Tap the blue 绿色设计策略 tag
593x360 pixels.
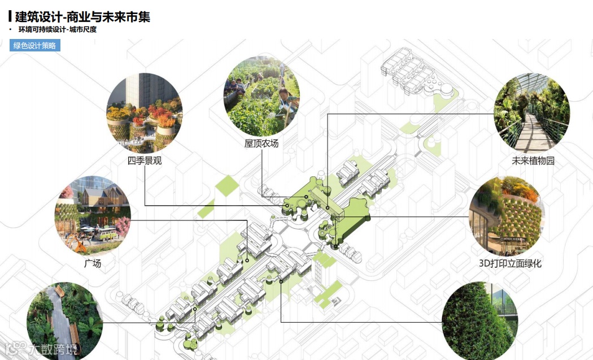34,46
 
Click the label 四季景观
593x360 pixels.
145,161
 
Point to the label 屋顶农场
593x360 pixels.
261,144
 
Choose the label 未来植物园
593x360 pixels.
533,161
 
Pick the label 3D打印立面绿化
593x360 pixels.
510,263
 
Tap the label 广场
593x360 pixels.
93,263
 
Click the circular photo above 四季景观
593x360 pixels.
145,112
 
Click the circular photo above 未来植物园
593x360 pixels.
531,112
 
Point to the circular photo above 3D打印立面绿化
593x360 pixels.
508,215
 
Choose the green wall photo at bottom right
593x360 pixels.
480,324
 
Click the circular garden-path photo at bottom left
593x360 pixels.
65,323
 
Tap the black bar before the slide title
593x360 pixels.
10,17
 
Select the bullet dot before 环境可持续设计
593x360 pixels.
10,29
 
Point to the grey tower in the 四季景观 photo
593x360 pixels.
136,93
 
